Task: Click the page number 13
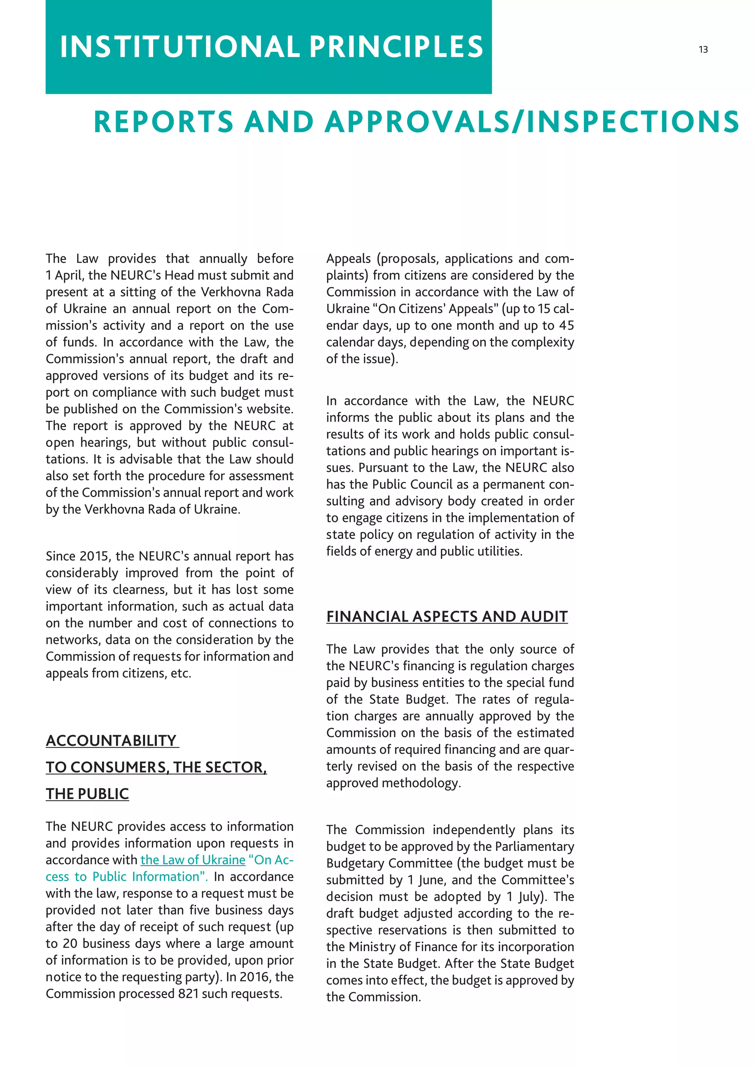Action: coord(703,50)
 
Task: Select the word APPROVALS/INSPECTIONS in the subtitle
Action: coord(532,122)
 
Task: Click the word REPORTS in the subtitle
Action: coord(163,122)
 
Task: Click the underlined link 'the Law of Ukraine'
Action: coord(193,860)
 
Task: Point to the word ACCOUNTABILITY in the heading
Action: coord(112,741)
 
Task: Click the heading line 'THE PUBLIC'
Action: coord(87,794)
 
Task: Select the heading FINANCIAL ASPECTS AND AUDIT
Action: coord(447,617)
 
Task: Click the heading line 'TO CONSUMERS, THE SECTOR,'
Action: coord(156,767)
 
